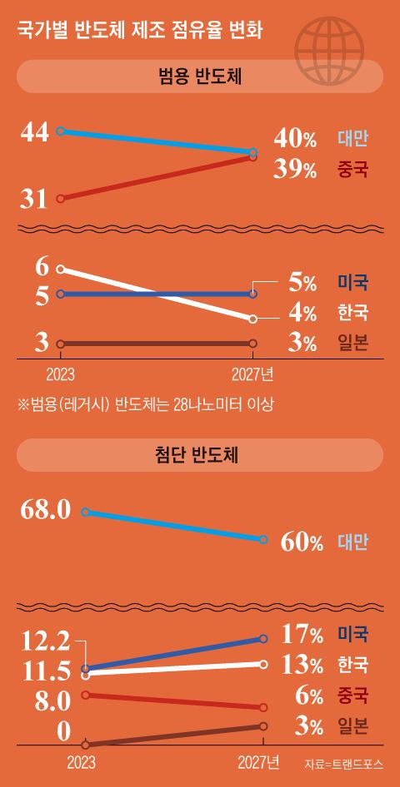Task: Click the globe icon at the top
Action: (329, 52)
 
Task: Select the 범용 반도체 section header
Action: (200, 77)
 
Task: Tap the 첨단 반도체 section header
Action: (200, 455)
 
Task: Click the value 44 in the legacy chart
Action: (35, 133)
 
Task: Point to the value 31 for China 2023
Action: (33, 200)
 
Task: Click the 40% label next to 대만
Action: (295, 139)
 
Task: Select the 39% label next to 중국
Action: (295, 170)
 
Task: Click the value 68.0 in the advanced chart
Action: (46, 511)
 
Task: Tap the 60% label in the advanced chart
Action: (302, 542)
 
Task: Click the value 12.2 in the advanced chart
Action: (46, 643)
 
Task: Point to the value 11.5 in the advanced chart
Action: (46, 673)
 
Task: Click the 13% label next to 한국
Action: (302, 666)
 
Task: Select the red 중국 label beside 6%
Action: (352, 695)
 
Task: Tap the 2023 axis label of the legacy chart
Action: (60, 375)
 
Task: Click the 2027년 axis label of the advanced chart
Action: (259, 763)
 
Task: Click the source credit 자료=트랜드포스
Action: (343, 765)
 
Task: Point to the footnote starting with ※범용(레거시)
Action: (145, 404)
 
